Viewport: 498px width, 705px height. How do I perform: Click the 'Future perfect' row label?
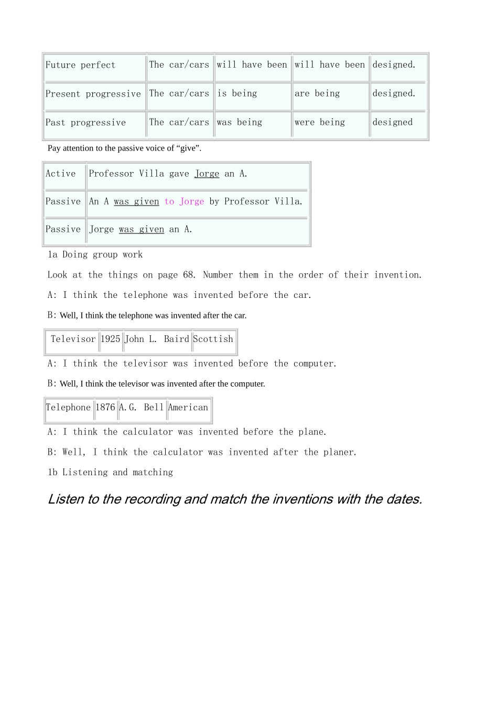click(x=80, y=65)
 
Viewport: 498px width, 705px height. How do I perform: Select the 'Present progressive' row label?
click(x=93, y=94)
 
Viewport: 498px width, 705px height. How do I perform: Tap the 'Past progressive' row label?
click(x=85, y=123)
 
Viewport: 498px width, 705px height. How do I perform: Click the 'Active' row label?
click(x=61, y=174)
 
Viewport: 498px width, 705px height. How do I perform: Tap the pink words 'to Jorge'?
click(x=184, y=202)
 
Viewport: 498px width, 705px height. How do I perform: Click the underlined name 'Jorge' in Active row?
click(x=207, y=174)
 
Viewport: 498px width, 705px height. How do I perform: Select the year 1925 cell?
click(x=110, y=339)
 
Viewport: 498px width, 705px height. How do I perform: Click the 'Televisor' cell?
click(x=73, y=339)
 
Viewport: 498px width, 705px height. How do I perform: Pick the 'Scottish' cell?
click(x=213, y=339)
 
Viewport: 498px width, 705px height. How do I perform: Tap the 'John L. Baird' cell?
click(x=157, y=339)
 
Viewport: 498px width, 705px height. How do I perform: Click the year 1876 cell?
click(x=105, y=408)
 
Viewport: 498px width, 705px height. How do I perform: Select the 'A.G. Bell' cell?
click(x=142, y=408)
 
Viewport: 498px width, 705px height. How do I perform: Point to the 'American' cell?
click(x=188, y=408)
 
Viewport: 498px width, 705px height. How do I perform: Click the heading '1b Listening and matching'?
click(x=110, y=473)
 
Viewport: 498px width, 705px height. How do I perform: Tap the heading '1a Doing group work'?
click(x=95, y=255)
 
